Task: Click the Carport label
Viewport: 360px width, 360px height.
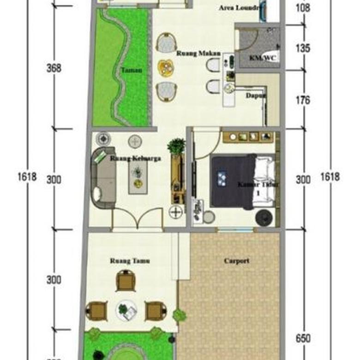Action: [x=236, y=261]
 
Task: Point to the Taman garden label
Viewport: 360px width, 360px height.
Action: [x=132, y=70]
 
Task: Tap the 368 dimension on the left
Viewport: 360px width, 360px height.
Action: [x=54, y=68]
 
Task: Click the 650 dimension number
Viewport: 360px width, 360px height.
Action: [x=303, y=338]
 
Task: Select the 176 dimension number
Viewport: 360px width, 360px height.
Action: [x=303, y=100]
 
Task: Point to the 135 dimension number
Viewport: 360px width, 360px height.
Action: [x=303, y=48]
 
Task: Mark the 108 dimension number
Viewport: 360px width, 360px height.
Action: [x=303, y=8]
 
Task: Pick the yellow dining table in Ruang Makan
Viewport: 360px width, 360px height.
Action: [x=167, y=68]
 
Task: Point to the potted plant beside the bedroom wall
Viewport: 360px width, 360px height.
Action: [x=176, y=147]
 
